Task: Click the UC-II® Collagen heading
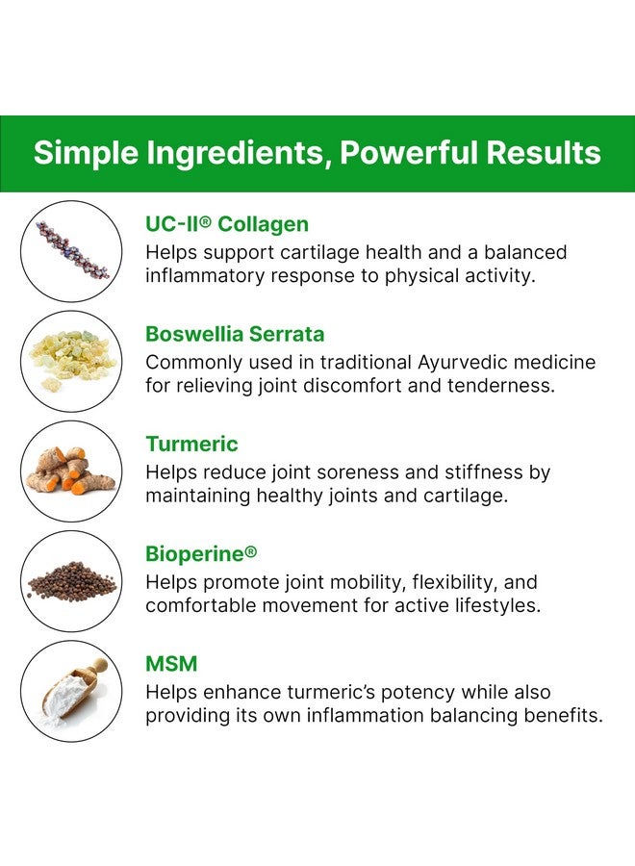(227, 224)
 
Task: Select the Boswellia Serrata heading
(235, 334)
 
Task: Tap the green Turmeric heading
(191, 444)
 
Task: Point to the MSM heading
(170, 664)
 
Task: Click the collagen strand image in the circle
(71, 251)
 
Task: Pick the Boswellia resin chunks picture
(71, 361)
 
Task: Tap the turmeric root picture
(71, 471)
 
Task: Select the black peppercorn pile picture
(71, 581)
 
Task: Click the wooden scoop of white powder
(71, 691)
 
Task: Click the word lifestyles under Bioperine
(488, 606)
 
